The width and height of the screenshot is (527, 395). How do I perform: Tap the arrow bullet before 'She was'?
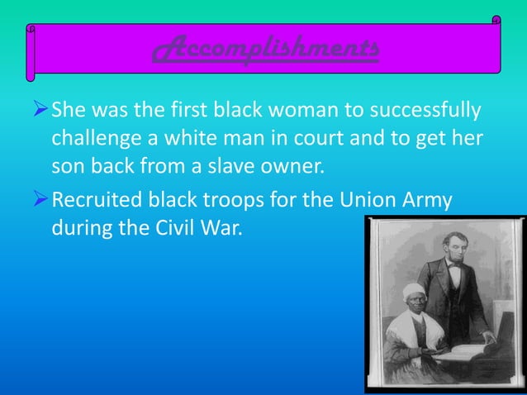[x=39, y=110]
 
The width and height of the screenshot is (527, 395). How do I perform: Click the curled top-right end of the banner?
[x=496, y=19]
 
